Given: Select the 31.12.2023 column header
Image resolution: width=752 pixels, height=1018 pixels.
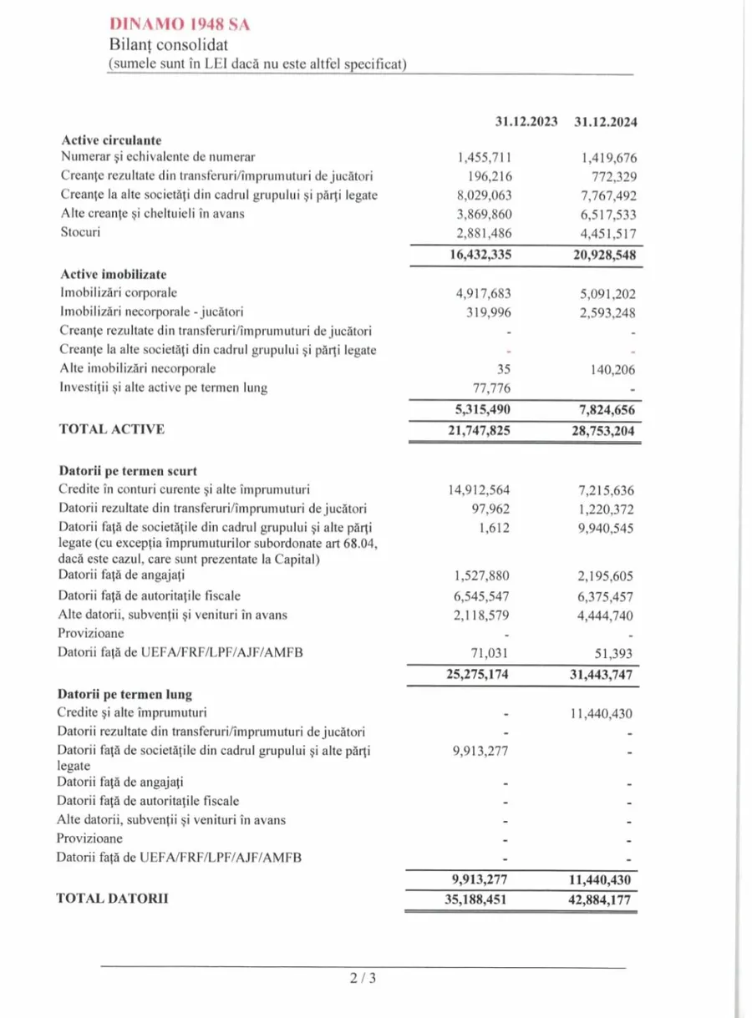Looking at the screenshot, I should click(x=526, y=122).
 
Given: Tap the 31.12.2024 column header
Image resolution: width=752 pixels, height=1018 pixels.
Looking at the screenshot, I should click(x=606, y=122).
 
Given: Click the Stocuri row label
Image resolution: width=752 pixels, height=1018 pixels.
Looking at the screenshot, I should click(x=80, y=231).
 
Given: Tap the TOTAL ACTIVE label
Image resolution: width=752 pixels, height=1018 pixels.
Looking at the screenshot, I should click(x=111, y=429).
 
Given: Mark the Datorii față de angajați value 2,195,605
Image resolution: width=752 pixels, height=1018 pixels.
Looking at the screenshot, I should click(x=603, y=576).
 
